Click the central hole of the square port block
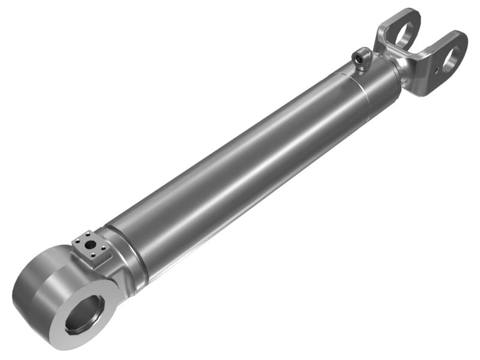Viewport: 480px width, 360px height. [90, 245]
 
